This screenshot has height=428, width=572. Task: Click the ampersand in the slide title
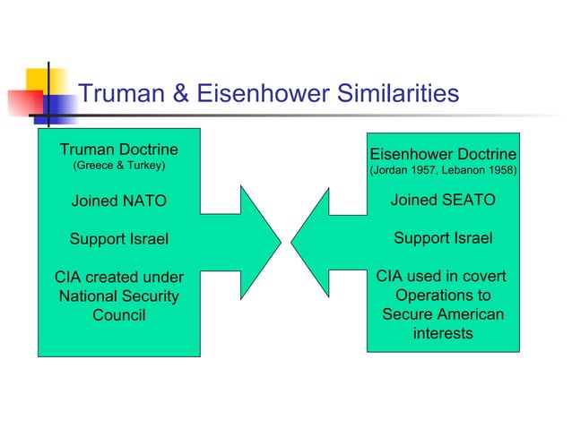pyautogui.click(x=181, y=93)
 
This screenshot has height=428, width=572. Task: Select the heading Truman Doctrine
pyautogui.click(x=118, y=149)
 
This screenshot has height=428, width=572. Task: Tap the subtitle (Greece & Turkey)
pyautogui.click(x=118, y=167)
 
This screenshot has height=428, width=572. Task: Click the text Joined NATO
pyautogui.click(x=118, y=201)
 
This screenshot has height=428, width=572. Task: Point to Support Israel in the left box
pyautogui.click(x=118, y=239)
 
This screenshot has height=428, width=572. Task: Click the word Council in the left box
pyautogui.click(x=118, y=315)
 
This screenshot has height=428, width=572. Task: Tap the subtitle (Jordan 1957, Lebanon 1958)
pyautogui.click(x=443, y=169)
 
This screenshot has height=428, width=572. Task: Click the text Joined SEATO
pyautogui.click(x=443, y=201)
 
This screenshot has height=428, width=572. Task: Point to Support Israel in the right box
pyautogui.click(x=443, y=238)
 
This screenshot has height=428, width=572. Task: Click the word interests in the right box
pyautogui.click(x=443, y=334)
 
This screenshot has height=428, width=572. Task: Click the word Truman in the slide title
pyautogui.click(x=123, y=93)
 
